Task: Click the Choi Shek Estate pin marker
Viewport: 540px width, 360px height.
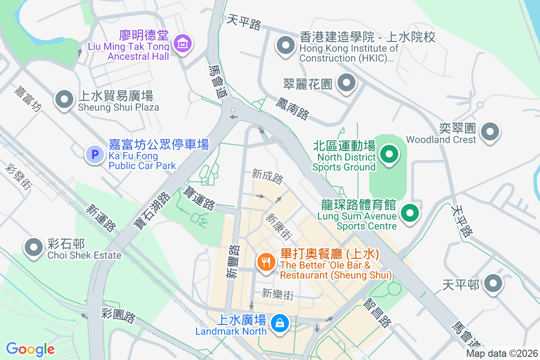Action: (33, 247)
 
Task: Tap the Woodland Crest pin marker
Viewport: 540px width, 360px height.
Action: (490, 132)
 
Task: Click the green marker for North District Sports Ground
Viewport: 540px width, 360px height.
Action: (389, 154)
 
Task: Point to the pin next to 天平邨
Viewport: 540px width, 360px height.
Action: (494, 283)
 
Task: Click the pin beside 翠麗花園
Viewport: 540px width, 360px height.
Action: (346, 82)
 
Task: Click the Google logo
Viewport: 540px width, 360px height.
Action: (30, 349)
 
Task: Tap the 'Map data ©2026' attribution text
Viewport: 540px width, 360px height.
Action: (501, 353)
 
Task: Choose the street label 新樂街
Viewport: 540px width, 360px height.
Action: (278, 295)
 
